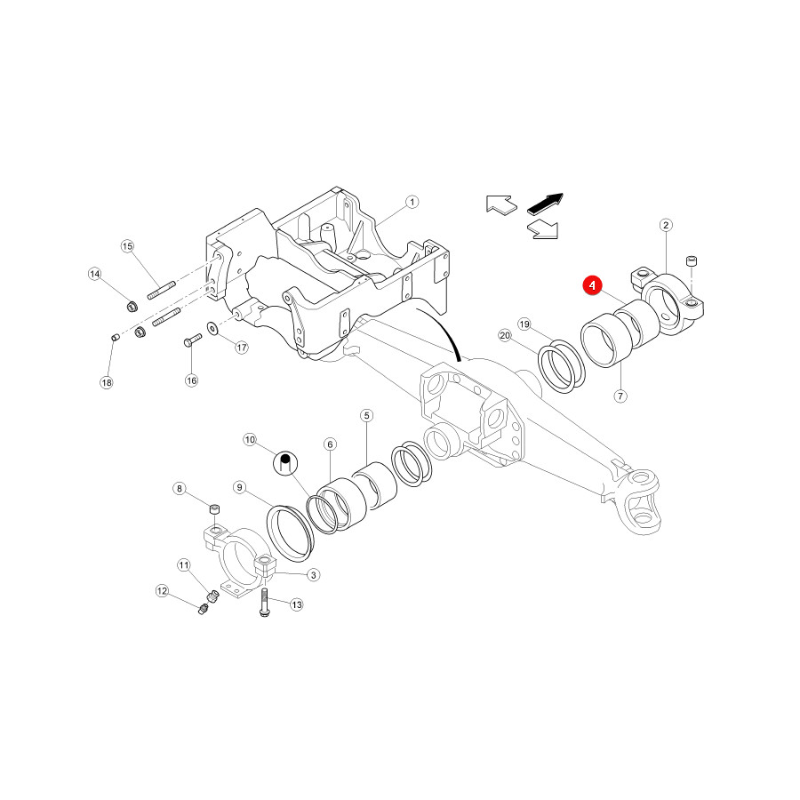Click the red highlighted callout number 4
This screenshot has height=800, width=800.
point(592,285)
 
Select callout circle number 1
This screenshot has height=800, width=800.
point(412,202)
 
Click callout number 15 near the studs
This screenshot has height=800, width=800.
point(127,246)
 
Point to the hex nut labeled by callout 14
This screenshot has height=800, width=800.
point(132,306)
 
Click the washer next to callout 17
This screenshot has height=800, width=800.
point(212,327)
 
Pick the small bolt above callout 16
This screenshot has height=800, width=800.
point(192,340)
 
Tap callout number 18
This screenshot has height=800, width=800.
point(106,382)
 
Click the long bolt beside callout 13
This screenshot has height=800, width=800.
point(264,603)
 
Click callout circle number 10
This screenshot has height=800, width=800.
point(250,439)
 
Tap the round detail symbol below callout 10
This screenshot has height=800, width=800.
point(285,463)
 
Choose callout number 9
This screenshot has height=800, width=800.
point(240,487)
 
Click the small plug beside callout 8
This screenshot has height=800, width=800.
point(215,508)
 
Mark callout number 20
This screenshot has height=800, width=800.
point(505,335)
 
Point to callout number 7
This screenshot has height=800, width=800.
point(620,396)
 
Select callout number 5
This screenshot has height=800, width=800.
point(366,415)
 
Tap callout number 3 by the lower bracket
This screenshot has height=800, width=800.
point(313,575)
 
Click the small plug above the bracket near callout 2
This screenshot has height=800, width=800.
point(692,261)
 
